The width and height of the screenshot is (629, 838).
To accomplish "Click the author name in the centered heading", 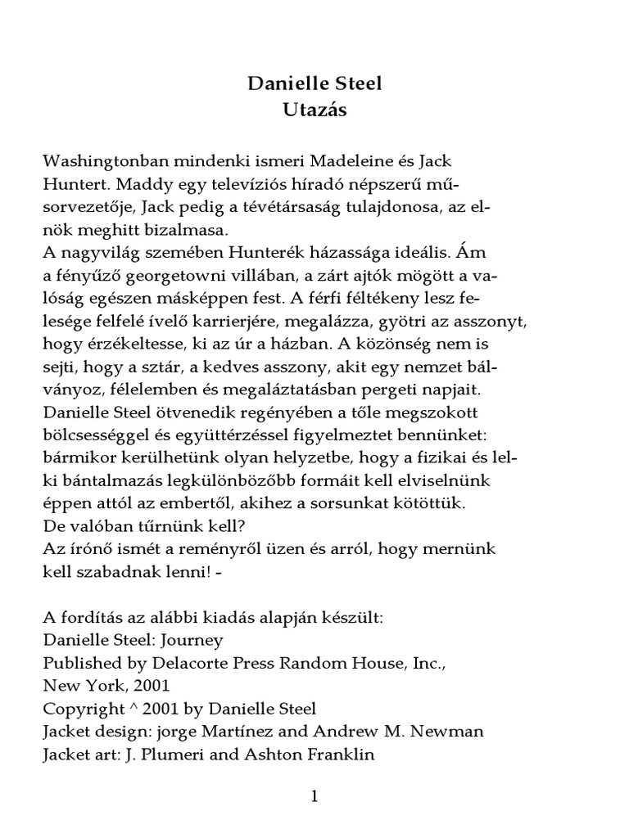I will point(314,83).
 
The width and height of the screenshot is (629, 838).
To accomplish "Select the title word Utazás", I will point(314,110).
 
